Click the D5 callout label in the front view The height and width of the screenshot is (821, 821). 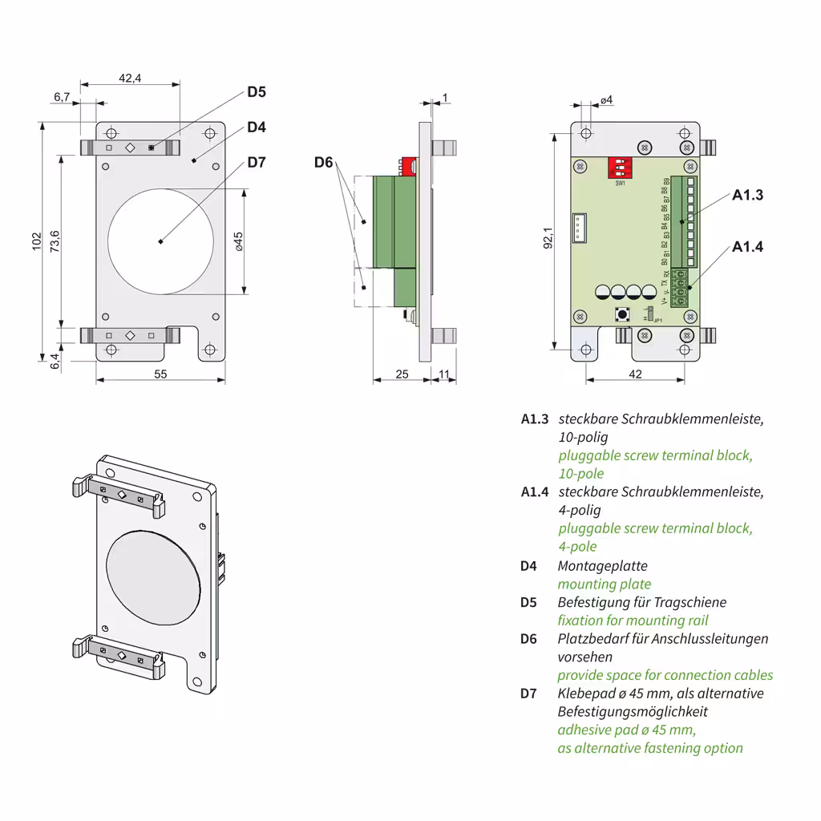(256, 91)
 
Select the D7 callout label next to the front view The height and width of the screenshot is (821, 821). (256, 162)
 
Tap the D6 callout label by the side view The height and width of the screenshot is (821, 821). (323, 163)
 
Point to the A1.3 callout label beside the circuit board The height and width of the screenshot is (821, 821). (747, 195)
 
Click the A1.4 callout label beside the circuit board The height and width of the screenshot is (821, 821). (747, 246)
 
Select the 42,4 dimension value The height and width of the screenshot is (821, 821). (130, 78)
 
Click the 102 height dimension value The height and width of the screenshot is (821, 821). (36, 242)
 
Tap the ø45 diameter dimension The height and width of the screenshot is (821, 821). (238, 241)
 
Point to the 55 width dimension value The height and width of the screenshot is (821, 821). (160, 374)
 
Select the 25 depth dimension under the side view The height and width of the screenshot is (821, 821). (402, 374)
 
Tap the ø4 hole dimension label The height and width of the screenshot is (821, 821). (606, 99)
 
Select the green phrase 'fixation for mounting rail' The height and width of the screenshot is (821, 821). (633, 621)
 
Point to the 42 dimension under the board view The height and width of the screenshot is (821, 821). (635, 374)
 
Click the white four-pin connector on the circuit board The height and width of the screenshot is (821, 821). (580, 228)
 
